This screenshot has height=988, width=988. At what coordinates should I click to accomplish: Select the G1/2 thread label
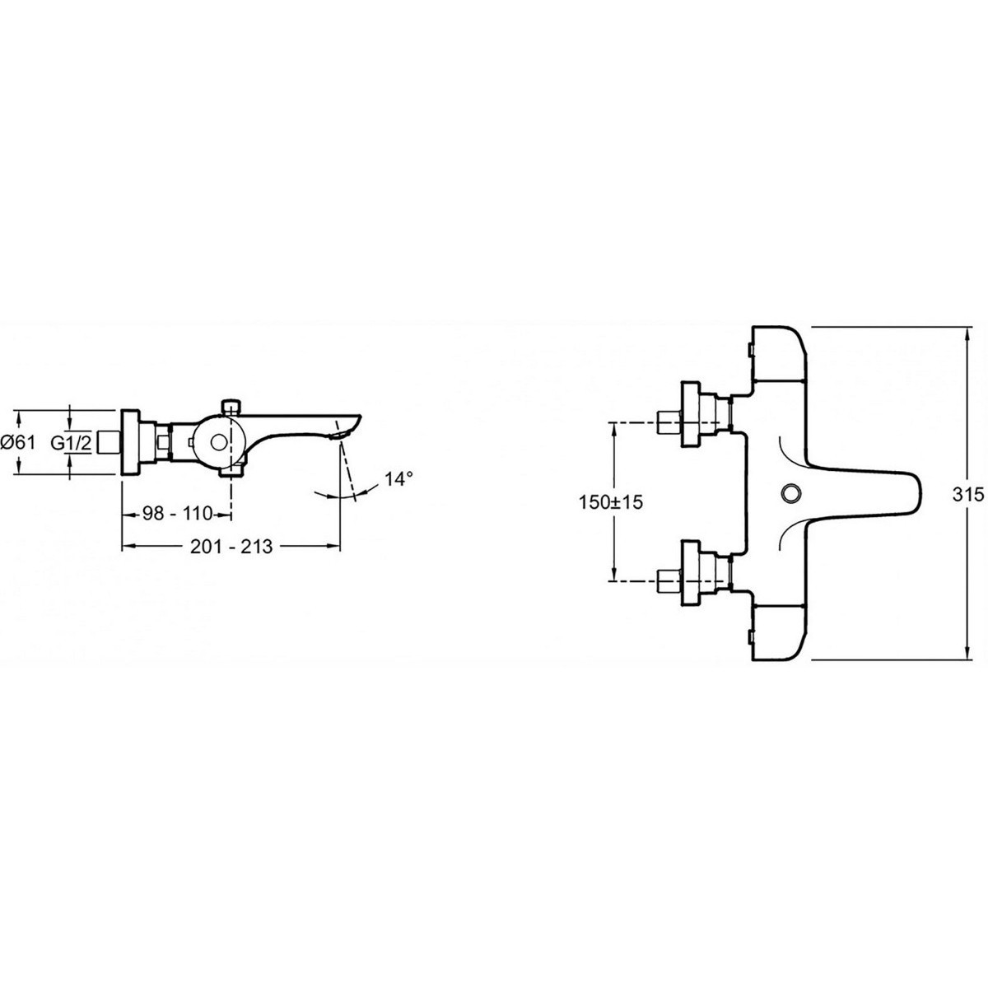(x=71, y=442)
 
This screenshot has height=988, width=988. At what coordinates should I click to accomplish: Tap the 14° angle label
(x=398, y=479)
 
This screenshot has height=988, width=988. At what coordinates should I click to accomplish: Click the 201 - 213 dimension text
(x=231, y=547)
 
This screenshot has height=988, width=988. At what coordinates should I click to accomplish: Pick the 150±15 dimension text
(x=610, y=502)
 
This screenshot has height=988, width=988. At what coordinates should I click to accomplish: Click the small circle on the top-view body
(x=788, y=494)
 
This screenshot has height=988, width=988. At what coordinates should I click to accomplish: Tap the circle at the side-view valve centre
(x=220, y=443)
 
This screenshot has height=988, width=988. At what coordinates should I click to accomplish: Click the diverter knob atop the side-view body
(x=231, y=407)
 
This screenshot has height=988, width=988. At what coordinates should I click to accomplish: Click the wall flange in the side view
(x=130, y=442)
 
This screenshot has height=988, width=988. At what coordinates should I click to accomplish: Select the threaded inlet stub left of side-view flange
(x=109, y=442)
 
